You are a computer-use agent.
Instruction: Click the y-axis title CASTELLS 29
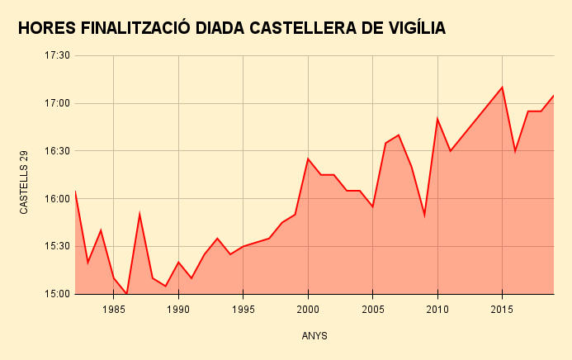pos(25,182)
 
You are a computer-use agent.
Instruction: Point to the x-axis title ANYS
pos(314,336)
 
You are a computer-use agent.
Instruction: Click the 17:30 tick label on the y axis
pos(57,56)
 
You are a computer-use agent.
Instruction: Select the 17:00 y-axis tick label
pos(57,104)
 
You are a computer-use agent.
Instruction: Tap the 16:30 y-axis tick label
pos(57,151)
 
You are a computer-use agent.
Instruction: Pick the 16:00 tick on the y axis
pos(57,199)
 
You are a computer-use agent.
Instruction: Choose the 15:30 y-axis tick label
pos(57,246)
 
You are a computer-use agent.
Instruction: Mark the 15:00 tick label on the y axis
pos(57,294)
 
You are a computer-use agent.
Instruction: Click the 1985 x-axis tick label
pos(114,310)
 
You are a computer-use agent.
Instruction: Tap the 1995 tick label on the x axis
pos(243,310)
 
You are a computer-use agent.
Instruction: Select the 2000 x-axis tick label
pos(308,310)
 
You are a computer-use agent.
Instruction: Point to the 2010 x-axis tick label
pos(437,310)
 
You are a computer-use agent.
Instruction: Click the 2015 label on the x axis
pos(502,310)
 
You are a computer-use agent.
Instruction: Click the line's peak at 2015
pos(502,88)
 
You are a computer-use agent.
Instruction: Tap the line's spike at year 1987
pos(139,215)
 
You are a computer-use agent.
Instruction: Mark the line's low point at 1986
pos(126,293)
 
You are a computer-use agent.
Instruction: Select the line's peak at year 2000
pos(308,159)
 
